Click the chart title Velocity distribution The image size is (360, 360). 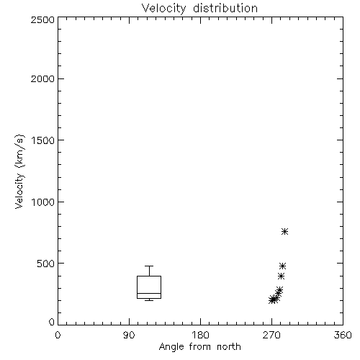click(x=199, y=9)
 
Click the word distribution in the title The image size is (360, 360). click(x=225, y=8)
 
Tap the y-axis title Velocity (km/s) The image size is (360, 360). click(x=19, y=171)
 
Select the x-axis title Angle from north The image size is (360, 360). click(x=199, y=347)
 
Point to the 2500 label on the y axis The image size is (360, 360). click(x=42, y=19)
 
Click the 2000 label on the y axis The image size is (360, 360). click(x=42, y=78)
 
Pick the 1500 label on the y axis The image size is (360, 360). click(x=43, y=140)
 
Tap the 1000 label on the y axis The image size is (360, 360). click(x=43, y=202)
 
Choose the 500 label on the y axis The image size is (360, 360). click(x=46, y=264)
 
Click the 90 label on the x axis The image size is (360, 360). click(x=129, y=335)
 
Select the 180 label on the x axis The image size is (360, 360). click(x=200, y=335)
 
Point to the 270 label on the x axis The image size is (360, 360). click(x=271, y=335)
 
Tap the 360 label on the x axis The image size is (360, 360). click(x=343, y=335)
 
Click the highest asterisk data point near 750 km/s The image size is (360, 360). click(x=284, y=232)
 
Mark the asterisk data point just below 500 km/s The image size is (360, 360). click(x=283, y=266)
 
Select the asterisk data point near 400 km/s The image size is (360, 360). click(x=282, y=276)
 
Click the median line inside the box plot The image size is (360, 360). click(x=149, y=293)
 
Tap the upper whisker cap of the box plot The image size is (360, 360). click(x=149, y=266)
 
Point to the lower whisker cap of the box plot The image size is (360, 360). click(x=149, y=300)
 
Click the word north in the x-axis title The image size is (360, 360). click(x=229, y=347)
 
